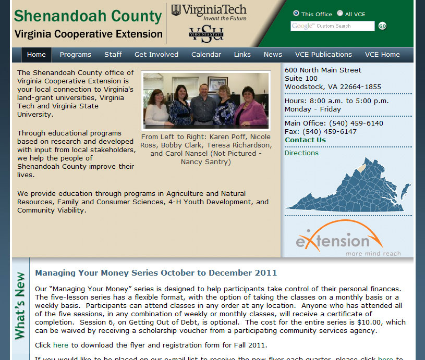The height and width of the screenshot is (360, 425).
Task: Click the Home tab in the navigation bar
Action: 37,55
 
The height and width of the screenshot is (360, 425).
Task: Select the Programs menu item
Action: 75,55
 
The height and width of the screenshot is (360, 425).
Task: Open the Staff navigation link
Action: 113,55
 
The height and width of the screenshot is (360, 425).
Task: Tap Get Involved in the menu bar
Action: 156,55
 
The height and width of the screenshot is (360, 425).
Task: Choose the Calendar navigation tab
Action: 206,55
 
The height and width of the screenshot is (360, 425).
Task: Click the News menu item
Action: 273,55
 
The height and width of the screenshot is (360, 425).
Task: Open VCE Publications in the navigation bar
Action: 323,55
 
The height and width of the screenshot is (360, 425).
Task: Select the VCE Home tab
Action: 382,55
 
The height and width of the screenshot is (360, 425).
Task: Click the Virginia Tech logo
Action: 209,12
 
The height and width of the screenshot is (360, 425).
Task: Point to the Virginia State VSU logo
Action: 206,34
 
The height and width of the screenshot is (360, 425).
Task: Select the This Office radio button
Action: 296,14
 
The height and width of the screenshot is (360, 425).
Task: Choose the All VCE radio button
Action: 340,14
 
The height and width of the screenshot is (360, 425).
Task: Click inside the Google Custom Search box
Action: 332,26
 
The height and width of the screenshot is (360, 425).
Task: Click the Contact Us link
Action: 305,140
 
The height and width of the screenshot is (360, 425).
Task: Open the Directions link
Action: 301,153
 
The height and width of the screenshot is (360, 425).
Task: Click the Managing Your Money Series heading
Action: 156,273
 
